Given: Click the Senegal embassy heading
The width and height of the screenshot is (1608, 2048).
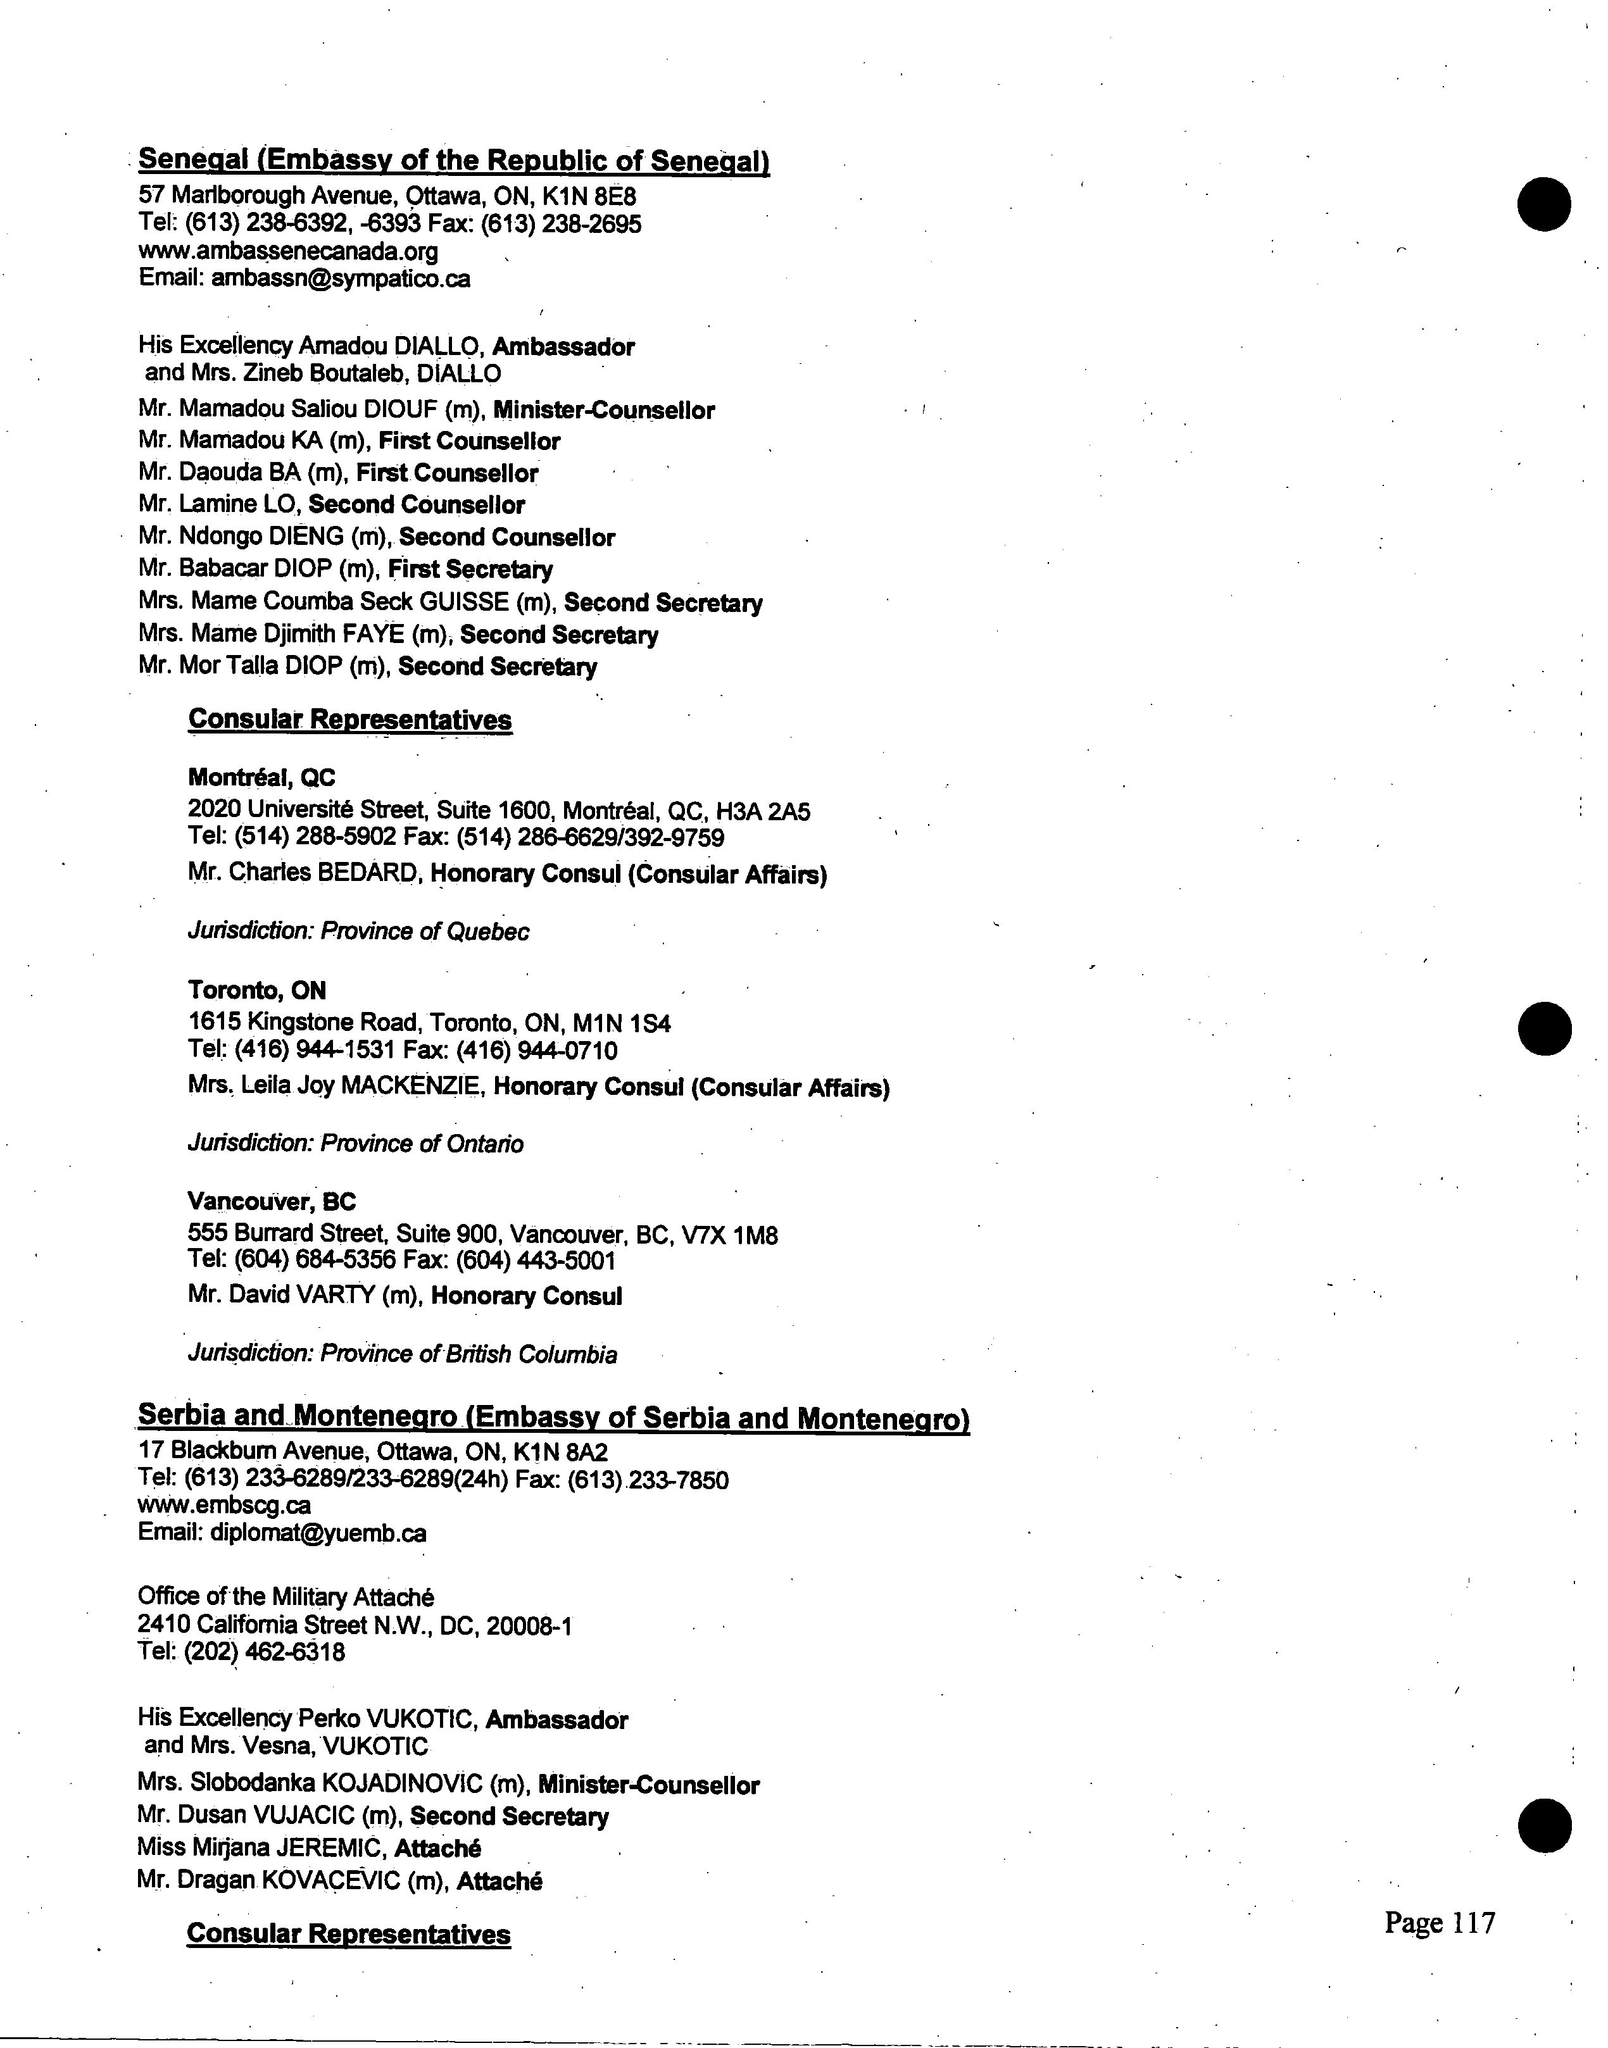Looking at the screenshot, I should click(x=454, y=161).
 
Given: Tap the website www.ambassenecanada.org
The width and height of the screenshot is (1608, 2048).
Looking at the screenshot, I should click(x=288, y=251).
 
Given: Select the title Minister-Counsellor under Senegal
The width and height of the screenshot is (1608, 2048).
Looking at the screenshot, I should click(x=603, y=410).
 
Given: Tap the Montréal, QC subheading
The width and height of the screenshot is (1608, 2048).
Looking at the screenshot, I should click(x=261, y=777).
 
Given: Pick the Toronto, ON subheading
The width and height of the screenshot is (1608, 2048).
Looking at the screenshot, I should click(x=257, y=990).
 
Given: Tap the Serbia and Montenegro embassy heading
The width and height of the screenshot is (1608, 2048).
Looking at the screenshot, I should click(x=553, y=1418).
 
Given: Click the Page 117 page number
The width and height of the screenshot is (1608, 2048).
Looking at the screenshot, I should click(x=1440, y=1922).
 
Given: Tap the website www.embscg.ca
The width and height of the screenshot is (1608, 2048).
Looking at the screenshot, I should click(x=224, y=1506).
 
